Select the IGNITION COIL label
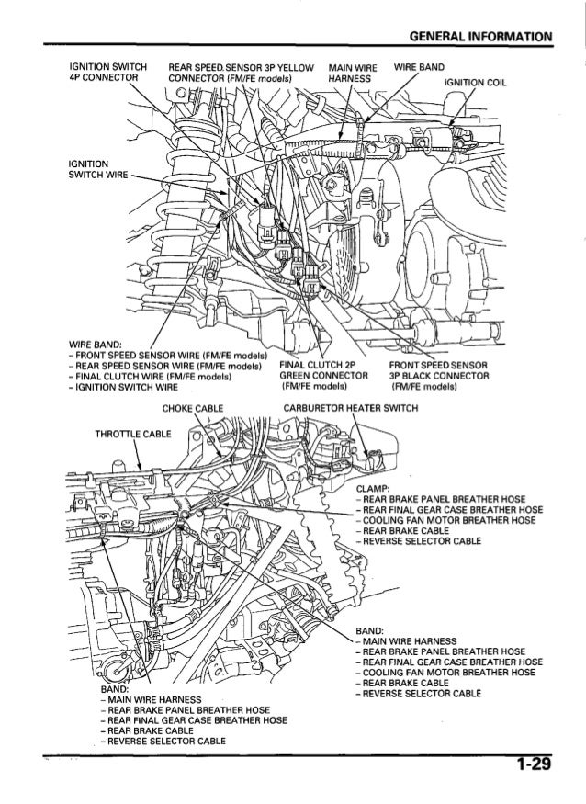[475, 80]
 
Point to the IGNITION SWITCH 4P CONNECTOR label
[104, 72]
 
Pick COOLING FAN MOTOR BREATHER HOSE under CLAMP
[449, 519]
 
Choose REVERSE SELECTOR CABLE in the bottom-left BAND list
[166, 740]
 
